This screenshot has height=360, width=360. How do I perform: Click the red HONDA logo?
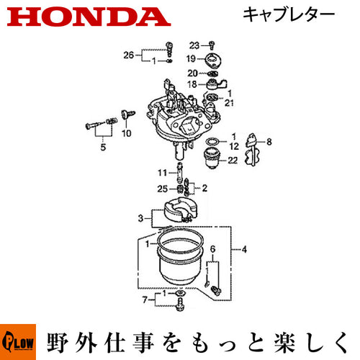(89, 17)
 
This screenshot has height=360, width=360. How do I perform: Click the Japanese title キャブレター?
(289, 14)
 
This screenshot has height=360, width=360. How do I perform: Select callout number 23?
(194, 45)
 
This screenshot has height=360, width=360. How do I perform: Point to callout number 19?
(192, 58)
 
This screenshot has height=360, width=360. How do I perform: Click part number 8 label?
(269, 142)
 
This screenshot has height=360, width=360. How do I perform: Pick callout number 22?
(233, 160)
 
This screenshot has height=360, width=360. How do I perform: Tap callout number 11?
(162, 173)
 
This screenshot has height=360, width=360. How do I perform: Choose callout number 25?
(162, 189)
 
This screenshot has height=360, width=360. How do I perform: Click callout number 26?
(128, 55)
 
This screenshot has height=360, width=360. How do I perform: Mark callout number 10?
(127, 133)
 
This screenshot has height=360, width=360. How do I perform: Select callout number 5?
(103, 147)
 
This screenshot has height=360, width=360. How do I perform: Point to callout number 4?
(244, 250)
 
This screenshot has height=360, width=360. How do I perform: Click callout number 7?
(145, 300)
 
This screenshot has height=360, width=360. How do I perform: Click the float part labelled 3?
(180, 210)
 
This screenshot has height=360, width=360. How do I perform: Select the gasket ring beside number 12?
(212, 142)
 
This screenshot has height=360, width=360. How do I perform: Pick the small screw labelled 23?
(212, 45)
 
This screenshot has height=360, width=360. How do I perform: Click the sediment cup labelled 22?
(211, 158)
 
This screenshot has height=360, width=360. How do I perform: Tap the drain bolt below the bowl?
(180, 305)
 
